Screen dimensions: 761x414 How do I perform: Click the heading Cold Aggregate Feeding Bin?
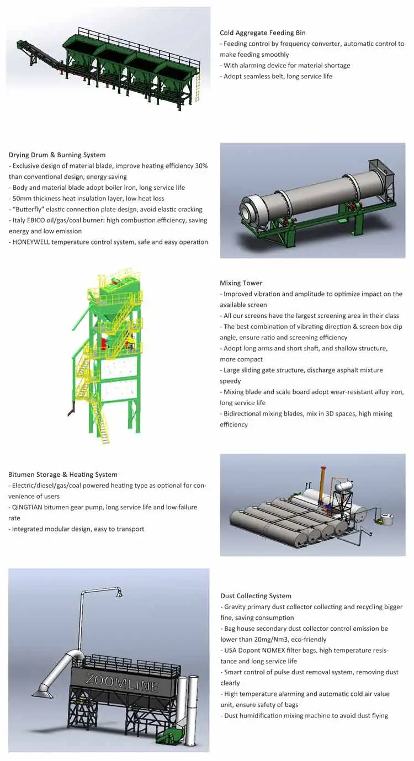point(262,33)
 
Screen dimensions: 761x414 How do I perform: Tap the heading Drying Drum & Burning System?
point(57,155)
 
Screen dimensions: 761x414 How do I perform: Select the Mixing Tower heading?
point(241,283)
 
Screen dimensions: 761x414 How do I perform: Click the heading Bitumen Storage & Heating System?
point(62,474)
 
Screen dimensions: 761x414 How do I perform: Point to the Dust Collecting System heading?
point(256,596)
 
